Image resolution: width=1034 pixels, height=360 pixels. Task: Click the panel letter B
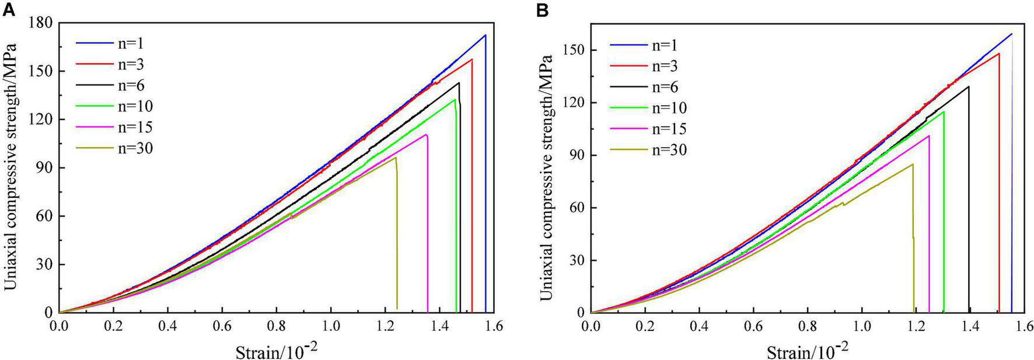[542, 10]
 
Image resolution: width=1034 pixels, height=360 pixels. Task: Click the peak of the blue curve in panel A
[485, 35]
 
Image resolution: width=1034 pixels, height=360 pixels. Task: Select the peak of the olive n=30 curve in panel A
[396, 158]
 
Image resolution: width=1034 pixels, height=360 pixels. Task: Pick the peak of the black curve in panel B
[969, 86]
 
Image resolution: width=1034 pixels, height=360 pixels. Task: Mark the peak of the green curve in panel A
[455, 99]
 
